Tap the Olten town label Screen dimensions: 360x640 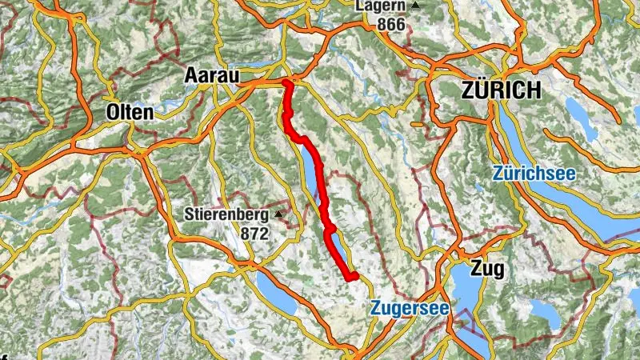click(129, 113)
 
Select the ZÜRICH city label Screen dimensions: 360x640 click(501, 90)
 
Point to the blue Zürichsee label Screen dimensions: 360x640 click(534, 173)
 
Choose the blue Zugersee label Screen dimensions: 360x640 click(410, 307)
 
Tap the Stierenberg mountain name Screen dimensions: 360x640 click(226, 214)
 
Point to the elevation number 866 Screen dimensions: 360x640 click(390, 24)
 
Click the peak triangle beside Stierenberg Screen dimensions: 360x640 click(279, 214)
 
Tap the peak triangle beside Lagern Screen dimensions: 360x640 click(416, 6)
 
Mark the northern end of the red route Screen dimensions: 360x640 click(286, 82)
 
